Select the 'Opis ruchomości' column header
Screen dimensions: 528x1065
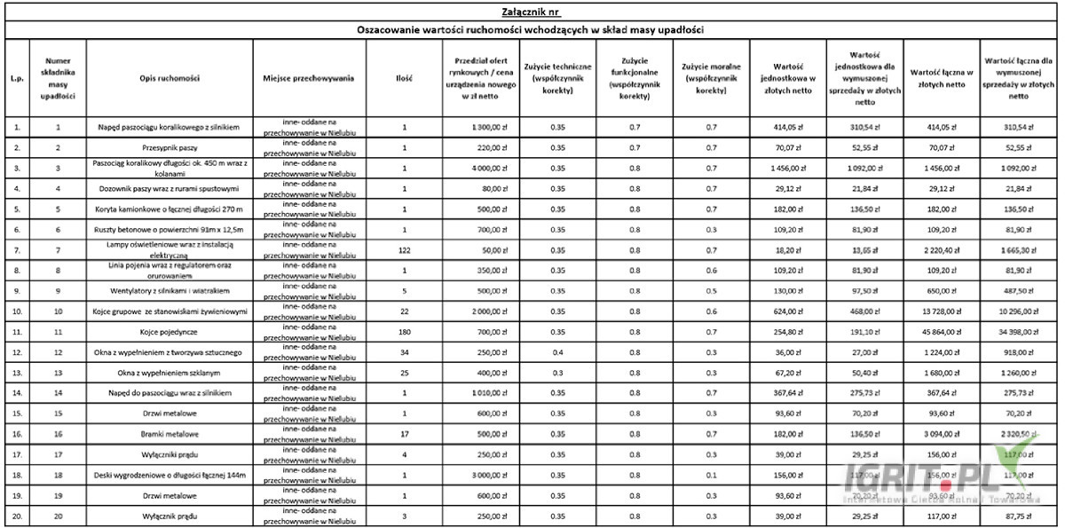pos(169,78)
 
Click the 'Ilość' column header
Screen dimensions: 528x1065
pos(404,78)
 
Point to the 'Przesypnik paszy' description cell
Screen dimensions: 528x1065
pos(169,146)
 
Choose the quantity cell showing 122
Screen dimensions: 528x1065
pos(404,251)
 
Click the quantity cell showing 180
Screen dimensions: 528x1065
pos(404,330)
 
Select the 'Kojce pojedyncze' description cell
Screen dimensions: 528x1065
pos(169,330)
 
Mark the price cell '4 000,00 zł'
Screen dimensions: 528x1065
pos(479,167)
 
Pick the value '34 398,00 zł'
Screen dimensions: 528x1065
pos(1017,330)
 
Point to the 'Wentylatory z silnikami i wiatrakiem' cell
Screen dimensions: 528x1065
pos(169,291)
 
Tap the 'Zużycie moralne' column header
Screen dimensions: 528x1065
pos(711,78)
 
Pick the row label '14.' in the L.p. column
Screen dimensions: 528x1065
pos(17,392)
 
